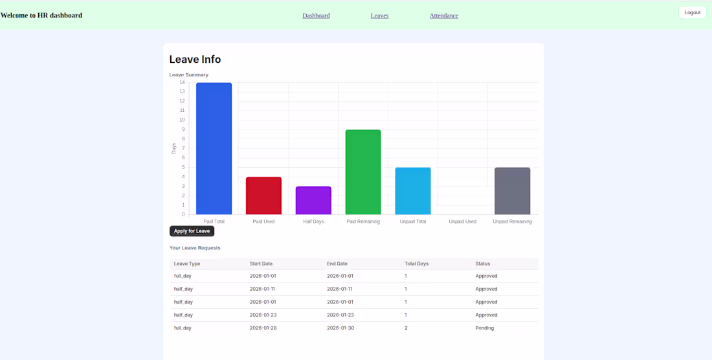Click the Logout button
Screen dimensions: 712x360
tap(692, 13)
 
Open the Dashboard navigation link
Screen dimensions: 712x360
tap(316, 16)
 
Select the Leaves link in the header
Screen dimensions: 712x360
tap(379, 16)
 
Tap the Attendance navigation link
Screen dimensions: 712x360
tap(443, 16)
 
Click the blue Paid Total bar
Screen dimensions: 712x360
tap(214, 148)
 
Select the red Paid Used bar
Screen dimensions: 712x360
tap(264, 196)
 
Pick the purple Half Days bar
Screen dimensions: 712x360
tap(313, 200)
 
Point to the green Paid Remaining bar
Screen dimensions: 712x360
tap(363, 172)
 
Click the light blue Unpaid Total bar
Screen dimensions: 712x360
tap(413, 190)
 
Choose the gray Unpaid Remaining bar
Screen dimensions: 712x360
tap(512, 190)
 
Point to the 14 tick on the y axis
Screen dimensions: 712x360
tap(182, 83)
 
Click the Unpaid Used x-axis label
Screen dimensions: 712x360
tap(462, 221)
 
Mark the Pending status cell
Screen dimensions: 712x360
tap(485, 328)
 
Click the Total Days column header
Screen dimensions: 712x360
tap(416, 264)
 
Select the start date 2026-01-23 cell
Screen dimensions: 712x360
tap(263, 315)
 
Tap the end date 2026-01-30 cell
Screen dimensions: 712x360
tap(340, 328)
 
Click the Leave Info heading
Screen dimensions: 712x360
tap(195, 59)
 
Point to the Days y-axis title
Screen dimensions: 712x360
tap(173, 148)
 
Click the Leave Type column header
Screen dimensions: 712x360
tap(187, 264)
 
